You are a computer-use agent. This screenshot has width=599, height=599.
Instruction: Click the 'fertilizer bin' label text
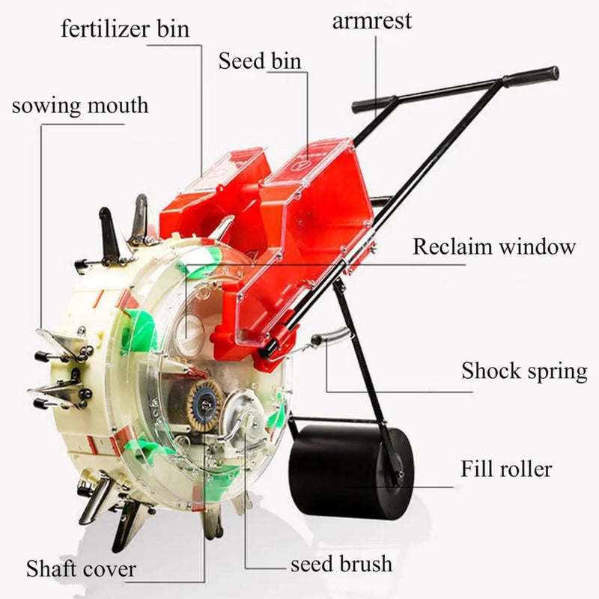point(125,29)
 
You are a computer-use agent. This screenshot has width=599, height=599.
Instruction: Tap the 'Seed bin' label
point(260,61)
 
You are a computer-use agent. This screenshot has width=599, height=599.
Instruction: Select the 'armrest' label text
point(372,20)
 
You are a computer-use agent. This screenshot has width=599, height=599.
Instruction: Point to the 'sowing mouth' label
point(80,105)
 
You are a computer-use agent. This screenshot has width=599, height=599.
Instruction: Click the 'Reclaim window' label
point(494,246)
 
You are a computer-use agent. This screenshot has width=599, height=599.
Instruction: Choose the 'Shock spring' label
point(524,371)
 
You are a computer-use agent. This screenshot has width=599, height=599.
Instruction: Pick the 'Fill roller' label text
point(505,469)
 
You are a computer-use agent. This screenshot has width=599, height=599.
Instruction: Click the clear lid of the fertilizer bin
point(223,168)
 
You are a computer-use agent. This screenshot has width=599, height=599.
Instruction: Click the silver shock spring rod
point(329,338)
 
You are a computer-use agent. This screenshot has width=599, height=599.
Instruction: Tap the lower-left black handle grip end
point(372,103)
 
